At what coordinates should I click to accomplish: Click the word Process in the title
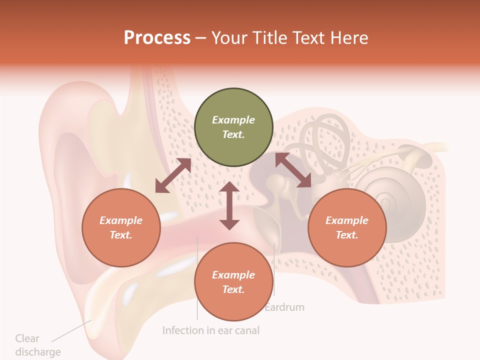[x=157, y=38]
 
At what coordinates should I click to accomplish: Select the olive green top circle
[x=233, y=127]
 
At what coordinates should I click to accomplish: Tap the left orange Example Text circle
[x=121, y=228]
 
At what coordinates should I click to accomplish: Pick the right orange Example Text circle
[x=347, y=228]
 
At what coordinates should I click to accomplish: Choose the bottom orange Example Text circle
[x=233, y=282]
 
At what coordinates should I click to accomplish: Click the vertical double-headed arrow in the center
[x=229, y=205]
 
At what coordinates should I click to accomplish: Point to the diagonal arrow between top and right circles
[x=293, y=170]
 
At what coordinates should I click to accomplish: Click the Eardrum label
[x=284, y=307]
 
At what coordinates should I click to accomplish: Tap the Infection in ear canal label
[x=210, y=330]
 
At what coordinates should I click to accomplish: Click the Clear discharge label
[x=37, y=345]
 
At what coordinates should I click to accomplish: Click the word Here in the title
[x=350, y=38]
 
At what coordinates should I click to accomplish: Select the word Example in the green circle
[x=233, y=120]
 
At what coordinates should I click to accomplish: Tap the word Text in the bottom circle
[x=232, y=289]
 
